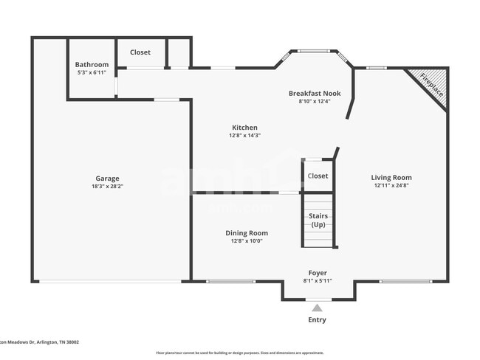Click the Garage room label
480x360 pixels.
[x=107, y=179]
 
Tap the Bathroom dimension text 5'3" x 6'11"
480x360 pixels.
[x=92, y=73]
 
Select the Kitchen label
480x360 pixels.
[x=245, y=128]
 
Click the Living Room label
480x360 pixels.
[x=391, y=177]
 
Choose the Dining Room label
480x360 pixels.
[x=247, y=232]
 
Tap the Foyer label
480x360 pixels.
[x=318, y=273]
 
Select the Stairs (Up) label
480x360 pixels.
[x=318, y=220]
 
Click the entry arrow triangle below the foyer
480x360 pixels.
[x=317, y=308]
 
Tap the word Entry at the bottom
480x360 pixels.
[x=317, y=320]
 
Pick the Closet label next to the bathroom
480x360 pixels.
[x=140, y=52]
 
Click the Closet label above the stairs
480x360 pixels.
[x=318, y=176]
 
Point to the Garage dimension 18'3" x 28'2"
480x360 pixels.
[x=107, y=187]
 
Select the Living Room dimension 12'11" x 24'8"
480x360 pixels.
[x=391, y=186]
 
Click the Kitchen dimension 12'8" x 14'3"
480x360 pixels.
[x=245, y=136]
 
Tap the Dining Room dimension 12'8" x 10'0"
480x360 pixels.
[x=247, y=240]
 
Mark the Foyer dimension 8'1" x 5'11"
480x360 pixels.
[x=318, y=281]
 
